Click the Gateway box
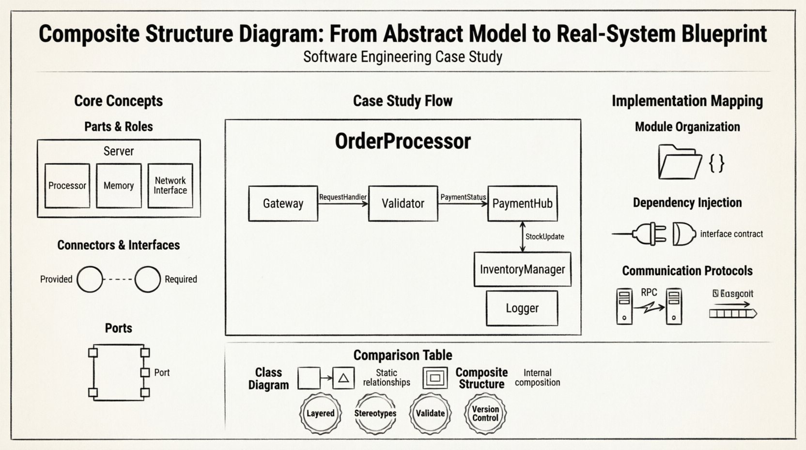283,204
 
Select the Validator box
403,204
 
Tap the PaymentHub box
522,204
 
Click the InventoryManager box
522,269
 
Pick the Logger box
522,308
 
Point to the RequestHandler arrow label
342,197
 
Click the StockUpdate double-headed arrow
522,237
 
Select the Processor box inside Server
67,186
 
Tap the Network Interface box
170,186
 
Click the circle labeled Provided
90,279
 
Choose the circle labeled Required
147,279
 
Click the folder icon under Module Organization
680,162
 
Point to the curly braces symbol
716,163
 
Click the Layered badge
320,413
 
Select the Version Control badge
485,413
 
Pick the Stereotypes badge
375,413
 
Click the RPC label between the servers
649,292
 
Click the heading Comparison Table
403,355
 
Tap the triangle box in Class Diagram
343,378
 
